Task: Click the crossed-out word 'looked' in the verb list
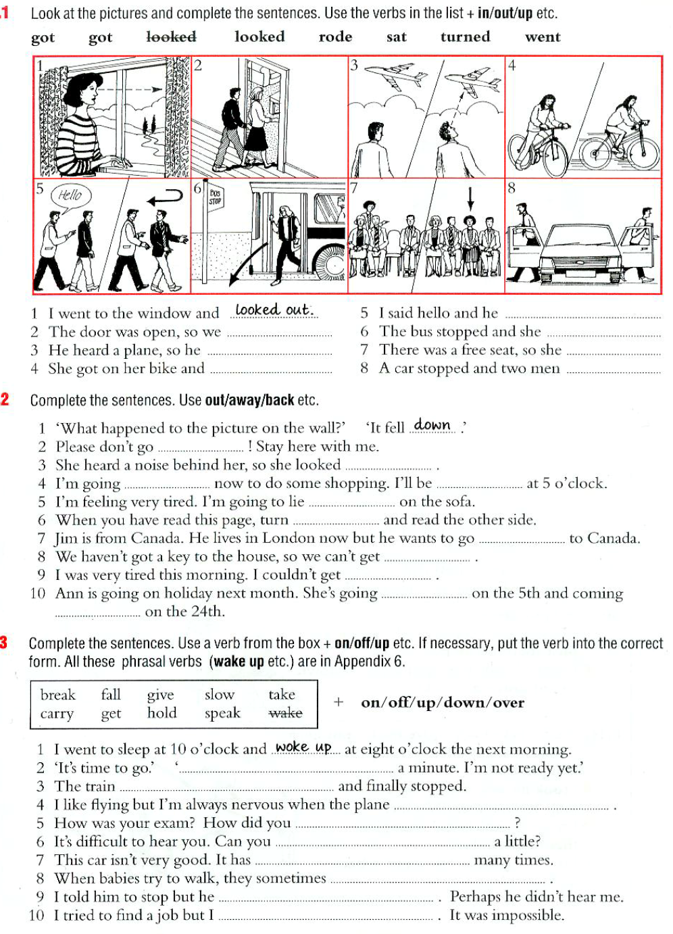click(x=172, y=37)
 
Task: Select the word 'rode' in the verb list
click(x=335, y=37)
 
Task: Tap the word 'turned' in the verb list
click(x=465, y=37)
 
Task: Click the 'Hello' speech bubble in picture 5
click(x=70, y=196)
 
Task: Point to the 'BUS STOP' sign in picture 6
click(x=215, y=197)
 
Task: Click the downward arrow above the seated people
click(x=471, y=198)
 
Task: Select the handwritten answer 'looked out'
click(x=274, y=310)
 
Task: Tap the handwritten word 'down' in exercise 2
click(x=432, y=425)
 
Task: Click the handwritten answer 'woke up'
click(x=303, y=747)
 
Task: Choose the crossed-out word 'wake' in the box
click(x=285, y=713)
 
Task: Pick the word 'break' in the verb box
click(x=58, y=695)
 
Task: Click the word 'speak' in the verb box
click(x=222, y=713)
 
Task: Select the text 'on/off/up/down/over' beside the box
click(x=443, y=703)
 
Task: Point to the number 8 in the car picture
click(x=512, y=189)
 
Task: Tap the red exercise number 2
click(x=5, y=399)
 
